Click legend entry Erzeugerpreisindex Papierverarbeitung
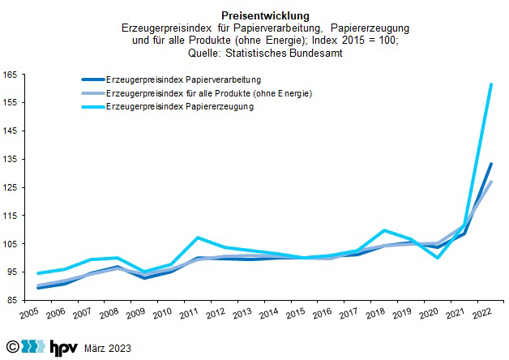(182, 80)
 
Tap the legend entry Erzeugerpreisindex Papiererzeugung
(180, 107)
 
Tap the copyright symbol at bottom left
(11, 347)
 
